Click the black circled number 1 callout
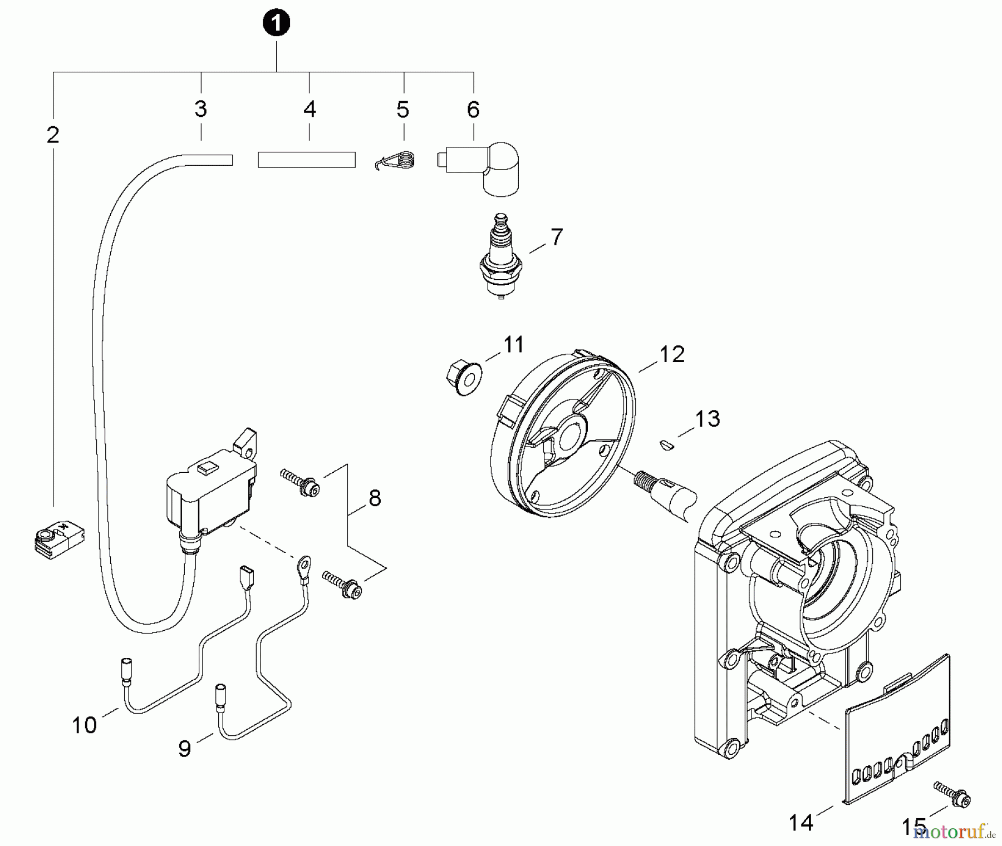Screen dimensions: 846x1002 [x=277, y=24]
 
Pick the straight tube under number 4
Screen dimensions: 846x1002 [x=306, y=160]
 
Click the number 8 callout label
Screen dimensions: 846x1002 [x=375, y=498]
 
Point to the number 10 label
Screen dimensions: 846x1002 [x=84, y=725]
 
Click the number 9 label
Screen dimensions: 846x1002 [x=185, y=749]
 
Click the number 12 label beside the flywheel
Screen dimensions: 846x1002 [x=672, y=354]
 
